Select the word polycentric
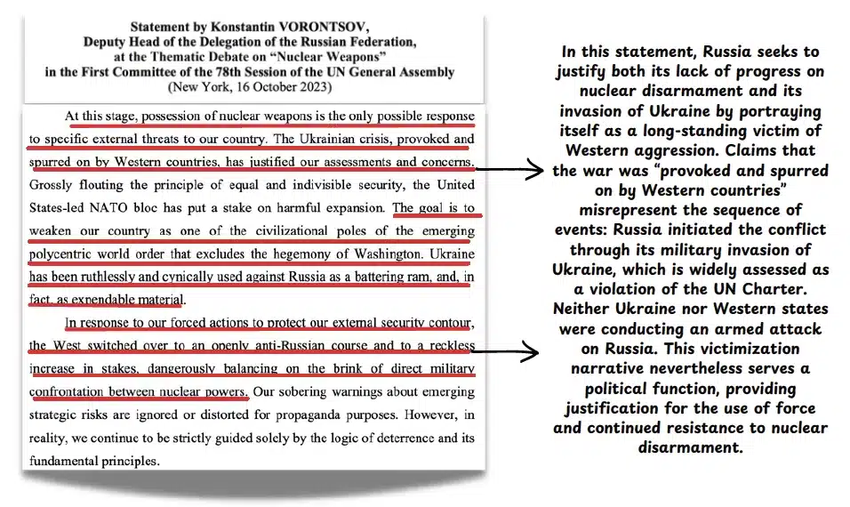[67, 254]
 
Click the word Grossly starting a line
[53, 186]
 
